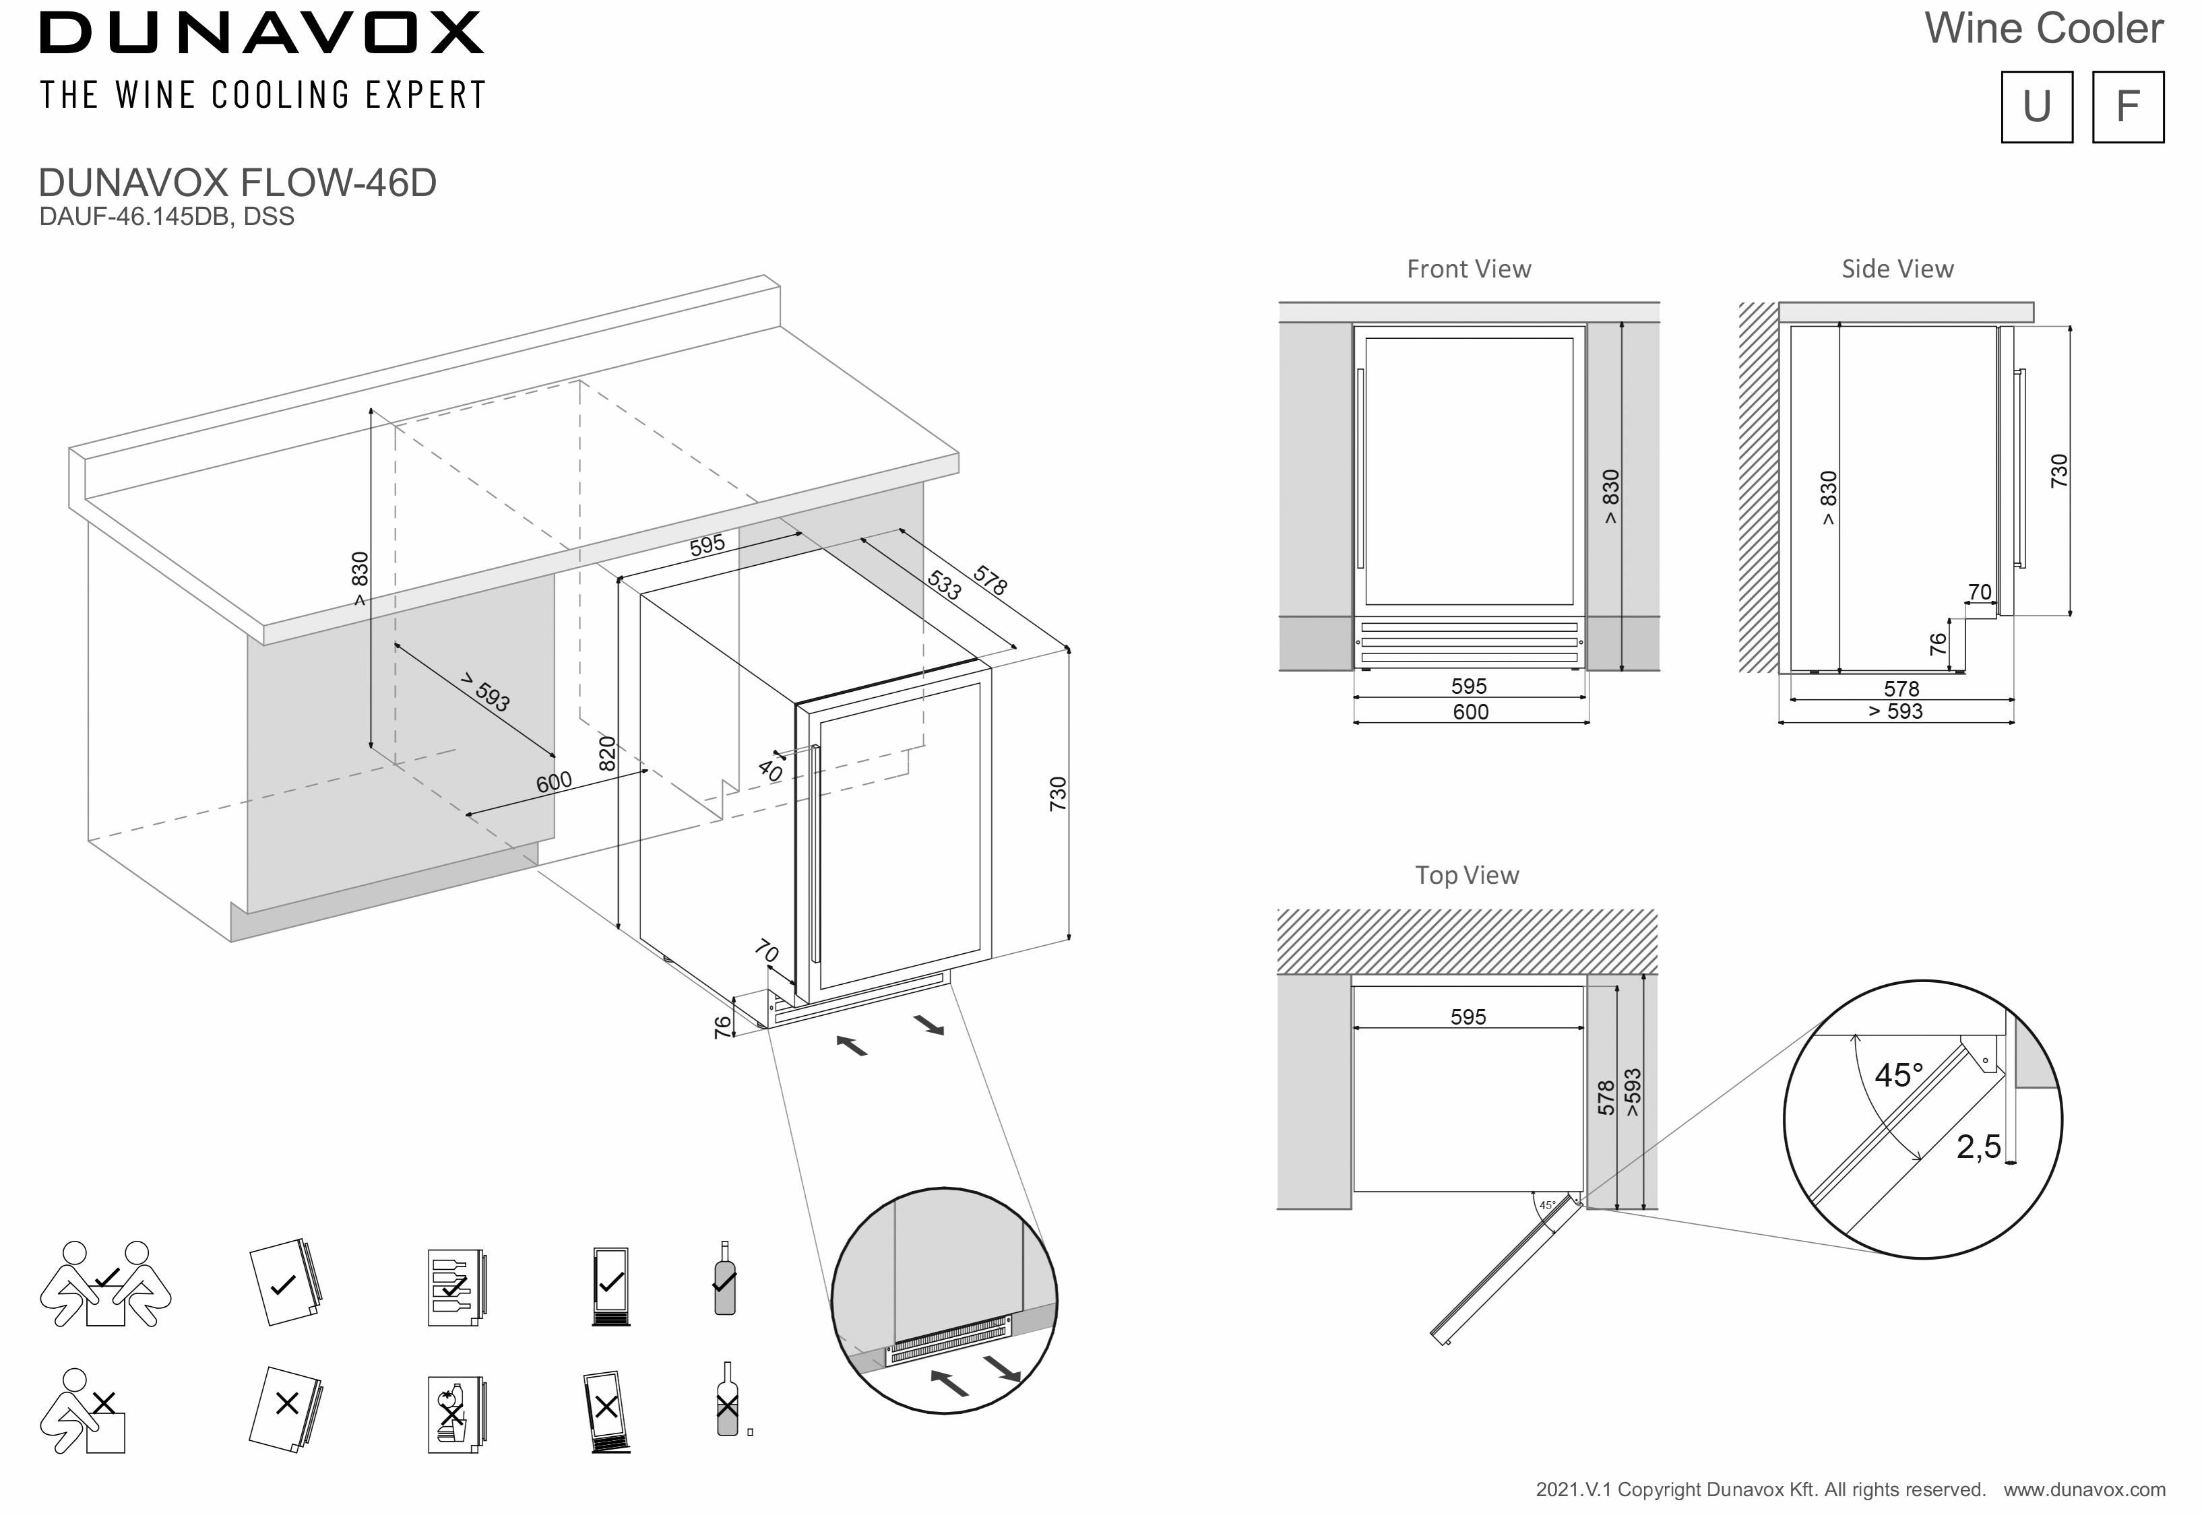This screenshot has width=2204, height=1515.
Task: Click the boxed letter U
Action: pyautogui.click(x=2036, y=106)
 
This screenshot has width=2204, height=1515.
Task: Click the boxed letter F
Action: pyautogui.click(x=2127, y=106)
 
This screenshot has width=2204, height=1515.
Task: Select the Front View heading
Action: pyautogui.click(x=1468, y=269)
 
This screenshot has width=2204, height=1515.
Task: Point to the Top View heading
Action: pyautogui.click(x=1466, y=875)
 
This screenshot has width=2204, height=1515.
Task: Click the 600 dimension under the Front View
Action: pyautogui.click(x=1470, y=712)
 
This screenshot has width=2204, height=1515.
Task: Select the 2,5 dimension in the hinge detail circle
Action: pyautogui.click(x=1978, y=1148)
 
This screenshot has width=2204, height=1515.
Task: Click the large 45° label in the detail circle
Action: pyautogui.click(x=1898, y=1076)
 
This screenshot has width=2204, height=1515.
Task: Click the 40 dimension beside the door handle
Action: pyautogui.click(x=770, y=771)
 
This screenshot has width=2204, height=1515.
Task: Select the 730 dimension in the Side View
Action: pyautogui.click(x=2058, y=471)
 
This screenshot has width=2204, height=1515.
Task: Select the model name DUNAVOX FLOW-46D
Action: pyautogui.click(x=237, y=183)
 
